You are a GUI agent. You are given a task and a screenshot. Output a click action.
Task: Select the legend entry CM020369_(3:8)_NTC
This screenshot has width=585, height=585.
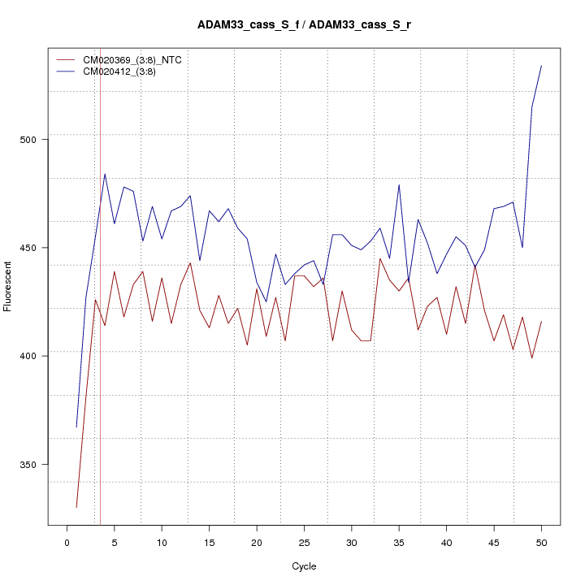click(125, 60)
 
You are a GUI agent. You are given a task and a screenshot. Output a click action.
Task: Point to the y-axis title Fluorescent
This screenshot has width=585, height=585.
click(8, 286)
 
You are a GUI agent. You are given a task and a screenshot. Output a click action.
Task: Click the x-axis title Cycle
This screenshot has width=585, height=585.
click(304, 566)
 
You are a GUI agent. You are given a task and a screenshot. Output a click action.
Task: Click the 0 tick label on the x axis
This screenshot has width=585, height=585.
click(67, 542)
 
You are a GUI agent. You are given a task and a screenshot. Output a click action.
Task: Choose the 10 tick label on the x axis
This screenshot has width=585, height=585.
click(162, 542)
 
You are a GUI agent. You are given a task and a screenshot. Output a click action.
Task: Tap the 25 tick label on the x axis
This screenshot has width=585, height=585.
click(304, 542)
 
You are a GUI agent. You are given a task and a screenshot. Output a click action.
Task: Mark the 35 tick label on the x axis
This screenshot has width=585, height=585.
click(399, 542)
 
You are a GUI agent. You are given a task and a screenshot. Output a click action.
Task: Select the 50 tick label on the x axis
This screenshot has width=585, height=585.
click(541, 542)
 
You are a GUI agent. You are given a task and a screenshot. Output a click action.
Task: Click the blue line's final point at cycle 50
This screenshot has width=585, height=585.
click(541, 66)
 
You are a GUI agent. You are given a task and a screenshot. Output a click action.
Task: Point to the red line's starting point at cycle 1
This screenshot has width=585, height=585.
click(76, 507)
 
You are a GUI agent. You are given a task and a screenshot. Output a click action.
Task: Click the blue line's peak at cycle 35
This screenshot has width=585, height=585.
click(399, 184)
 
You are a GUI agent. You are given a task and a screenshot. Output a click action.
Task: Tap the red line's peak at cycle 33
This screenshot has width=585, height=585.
click(380, 258)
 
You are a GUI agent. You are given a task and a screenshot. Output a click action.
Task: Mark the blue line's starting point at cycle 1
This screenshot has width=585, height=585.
click(76, 427)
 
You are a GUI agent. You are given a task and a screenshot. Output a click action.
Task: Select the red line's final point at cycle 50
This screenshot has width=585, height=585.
click(541, 322)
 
